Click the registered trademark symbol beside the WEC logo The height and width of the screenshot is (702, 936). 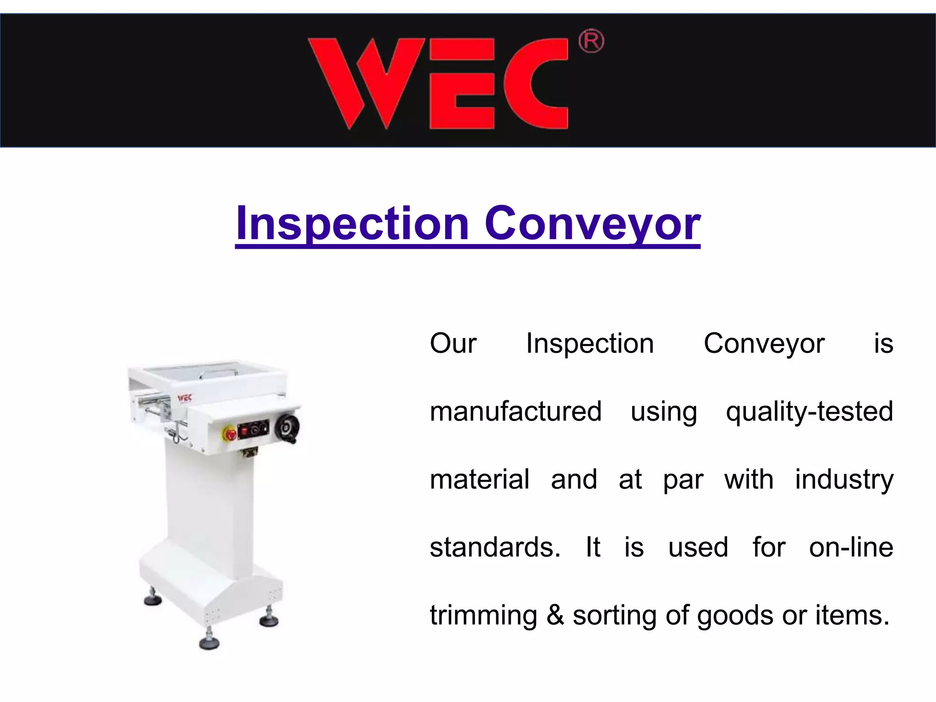tap(591, 42)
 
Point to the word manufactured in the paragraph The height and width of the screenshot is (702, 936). tap(516, 411)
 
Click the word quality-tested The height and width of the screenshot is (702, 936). tap(809, 411)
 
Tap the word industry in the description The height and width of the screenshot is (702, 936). tap(844, 479)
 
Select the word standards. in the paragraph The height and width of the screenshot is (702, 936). tap(495, 547)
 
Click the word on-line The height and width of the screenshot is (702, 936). tap(851, 547)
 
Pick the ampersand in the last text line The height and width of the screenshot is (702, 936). tap(555, 615)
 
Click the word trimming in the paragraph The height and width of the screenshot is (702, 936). tap(483, 615)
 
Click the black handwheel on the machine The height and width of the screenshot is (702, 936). tap(287, 427)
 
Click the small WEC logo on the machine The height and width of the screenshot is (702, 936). tap(185, 397)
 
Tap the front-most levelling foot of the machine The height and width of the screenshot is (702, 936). tap(209, 643)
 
